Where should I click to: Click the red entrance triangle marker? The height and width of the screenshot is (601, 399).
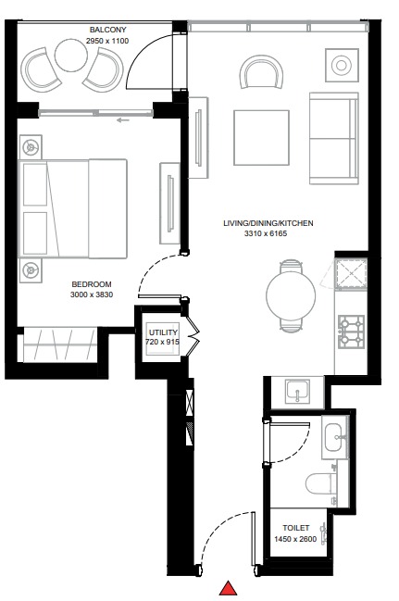point(228,588)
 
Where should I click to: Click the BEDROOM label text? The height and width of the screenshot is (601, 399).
point(91,283)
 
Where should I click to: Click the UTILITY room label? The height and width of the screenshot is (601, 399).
point(162,331)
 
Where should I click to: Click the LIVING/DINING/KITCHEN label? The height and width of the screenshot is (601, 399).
point(268,223)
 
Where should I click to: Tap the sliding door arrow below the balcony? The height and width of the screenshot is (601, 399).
point(121,119)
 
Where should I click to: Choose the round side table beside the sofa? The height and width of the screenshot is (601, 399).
point(341,65)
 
